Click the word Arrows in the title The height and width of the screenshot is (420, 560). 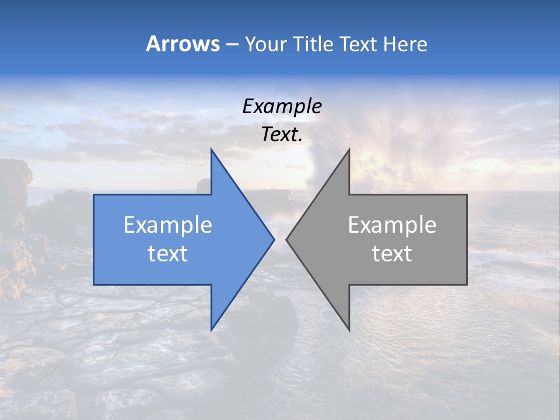tap(183, 44)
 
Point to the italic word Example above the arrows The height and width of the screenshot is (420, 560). tap(282, 107)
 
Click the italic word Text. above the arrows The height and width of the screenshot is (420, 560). tap(282, 135)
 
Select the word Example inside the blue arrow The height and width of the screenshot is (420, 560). tap(168, 225)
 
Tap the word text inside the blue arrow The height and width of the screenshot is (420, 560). tap(168, 254)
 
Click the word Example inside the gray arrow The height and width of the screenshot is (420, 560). tap(392, 225)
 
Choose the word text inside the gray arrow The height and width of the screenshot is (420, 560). tap(392, 254)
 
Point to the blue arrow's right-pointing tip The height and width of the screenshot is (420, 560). tap(274, 239)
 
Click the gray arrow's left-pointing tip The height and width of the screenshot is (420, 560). tap(287, 239)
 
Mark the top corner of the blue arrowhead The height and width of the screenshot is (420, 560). tap(212, 149)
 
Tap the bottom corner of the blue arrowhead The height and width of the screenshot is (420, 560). tap(212, 330)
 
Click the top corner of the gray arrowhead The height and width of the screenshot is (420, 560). tap(349, 149)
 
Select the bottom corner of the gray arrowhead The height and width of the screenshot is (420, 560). tap(349, 330)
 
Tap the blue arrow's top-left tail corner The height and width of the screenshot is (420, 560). tap(94, 195)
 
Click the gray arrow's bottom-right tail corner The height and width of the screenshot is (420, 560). tap(467, 285)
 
